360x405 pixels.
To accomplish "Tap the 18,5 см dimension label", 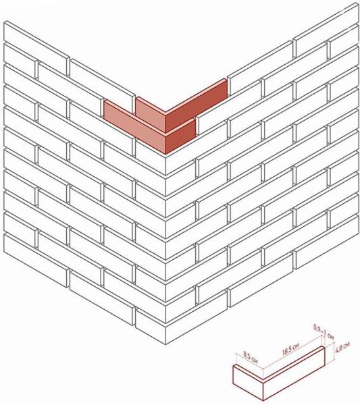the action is (x=291, y=346).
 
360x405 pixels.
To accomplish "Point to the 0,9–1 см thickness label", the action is (x=324, y=332).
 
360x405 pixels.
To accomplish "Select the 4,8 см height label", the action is (x=342, y=348).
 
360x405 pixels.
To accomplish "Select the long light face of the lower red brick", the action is (x=134, y=128).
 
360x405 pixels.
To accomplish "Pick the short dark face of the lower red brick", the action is (x=180, y=137).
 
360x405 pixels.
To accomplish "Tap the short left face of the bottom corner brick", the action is (x=151, y=326).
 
